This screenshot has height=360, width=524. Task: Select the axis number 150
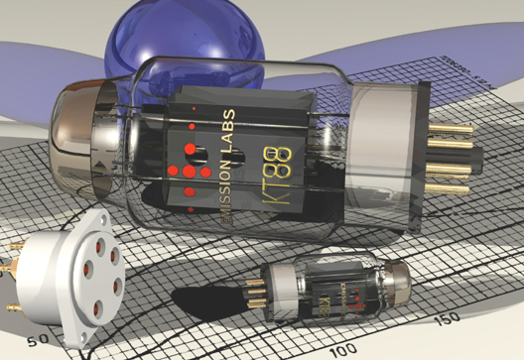pos(448,317)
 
